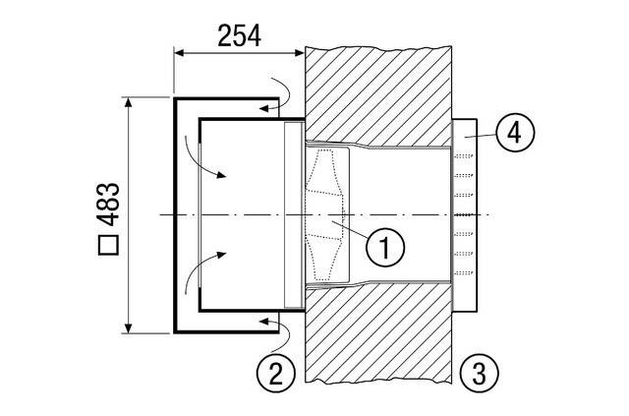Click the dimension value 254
click(x=239, y=36)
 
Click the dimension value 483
click(x=108, y=205)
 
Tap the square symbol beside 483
click(x=108, y=245)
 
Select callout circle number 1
click(x=385, y=247)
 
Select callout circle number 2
click(x=276, y=374)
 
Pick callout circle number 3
click(x=479, y=372)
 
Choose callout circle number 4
click(x=515, y=132)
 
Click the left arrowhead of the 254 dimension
click(x=179, y=52)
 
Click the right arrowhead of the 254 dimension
click(x=299, y=52)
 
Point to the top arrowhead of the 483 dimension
click(x=128, y=102)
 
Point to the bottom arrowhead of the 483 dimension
click(x=128, y=328)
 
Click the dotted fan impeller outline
click(x=325, y=214)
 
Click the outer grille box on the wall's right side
click(x=465, y=214)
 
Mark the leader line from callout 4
click(x=480, y=136)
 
